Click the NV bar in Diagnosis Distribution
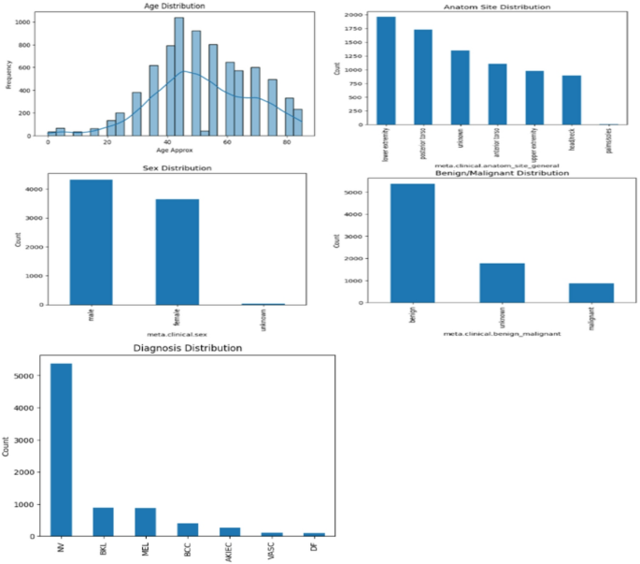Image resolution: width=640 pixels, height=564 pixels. (61, 450)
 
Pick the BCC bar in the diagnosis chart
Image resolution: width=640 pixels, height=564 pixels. (187, 529)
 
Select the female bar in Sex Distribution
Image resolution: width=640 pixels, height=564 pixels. (177, 252)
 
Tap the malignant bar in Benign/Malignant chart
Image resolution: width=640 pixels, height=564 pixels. (591, 293)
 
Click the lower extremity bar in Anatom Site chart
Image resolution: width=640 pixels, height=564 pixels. (386, 71)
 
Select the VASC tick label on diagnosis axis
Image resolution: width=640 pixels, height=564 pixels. (272, 551)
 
